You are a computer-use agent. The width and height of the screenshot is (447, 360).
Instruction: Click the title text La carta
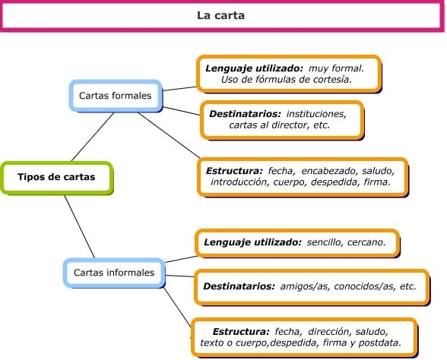pyautogui.click(x=220, y=15)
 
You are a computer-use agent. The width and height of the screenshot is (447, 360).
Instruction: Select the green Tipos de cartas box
pyautogui.click(x=57, y=178)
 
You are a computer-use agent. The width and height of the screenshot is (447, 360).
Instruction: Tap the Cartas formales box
pyautogui.click(x=116, y=96)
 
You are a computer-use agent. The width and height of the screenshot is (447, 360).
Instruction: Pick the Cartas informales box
pyautogui.click(x=114, y=273)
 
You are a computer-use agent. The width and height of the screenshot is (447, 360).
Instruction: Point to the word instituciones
pyautogui.click(x=316, y=114)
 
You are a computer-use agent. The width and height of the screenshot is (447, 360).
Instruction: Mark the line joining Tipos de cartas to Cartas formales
pyautogui.click(x=93, y=137)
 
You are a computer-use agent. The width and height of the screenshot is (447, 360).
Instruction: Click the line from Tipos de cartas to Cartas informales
pyautogui.click(x=80, y=226)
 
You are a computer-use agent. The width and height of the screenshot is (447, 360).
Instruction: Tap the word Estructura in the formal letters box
pyautogui.click(x=234, y=171)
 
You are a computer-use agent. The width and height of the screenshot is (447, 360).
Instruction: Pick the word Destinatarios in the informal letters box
pyautogui.click(x=239, y=286)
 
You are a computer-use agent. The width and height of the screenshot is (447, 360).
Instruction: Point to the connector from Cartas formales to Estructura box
pyautogui.click(x=169, y=135)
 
